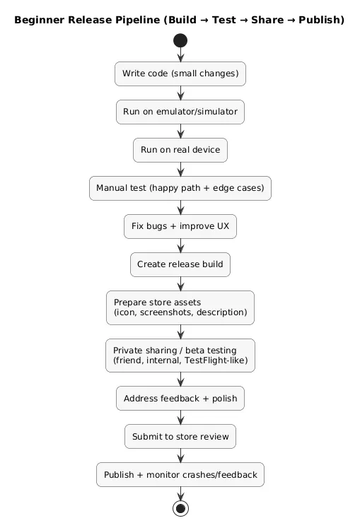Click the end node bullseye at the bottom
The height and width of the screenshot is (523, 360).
[x=180, y=507]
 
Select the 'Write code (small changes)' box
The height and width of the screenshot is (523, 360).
[x=180, y=74]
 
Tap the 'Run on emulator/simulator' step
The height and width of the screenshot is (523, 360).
[x=180, y=112]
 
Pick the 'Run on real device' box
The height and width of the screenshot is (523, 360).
[x=180, y=150]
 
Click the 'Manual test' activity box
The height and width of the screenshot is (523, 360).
[x=180, y=188]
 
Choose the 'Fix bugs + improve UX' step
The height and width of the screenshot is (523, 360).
[x=180, y=226]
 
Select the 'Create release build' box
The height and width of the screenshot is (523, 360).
[x=180, y=264]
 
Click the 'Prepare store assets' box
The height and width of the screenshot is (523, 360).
[x=180, y=307]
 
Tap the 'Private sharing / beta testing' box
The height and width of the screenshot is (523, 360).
[x=180, y=355]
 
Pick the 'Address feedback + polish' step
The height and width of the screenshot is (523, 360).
[x=180, y=399]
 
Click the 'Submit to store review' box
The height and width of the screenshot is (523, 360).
[x=180, y=437]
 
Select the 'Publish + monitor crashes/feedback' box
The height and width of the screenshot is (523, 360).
[x=180, y=475]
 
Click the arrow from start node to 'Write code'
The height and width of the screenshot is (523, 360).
[x=180, y=55]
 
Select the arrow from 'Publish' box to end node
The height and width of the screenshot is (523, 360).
[x=180, y=493]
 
